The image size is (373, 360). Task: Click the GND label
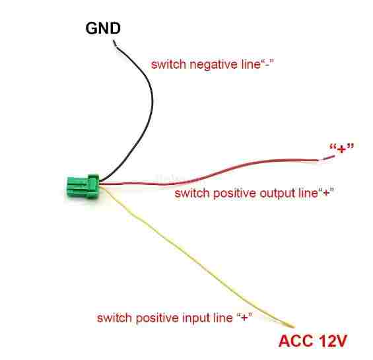pyautogui.click(x=103, y=28)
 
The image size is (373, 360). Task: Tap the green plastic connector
pyautogui.click(x=83, y=187)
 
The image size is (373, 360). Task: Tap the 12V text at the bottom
pyautogui.click(x=333, y=342)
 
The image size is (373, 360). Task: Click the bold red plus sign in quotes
pyautogui.click(x=341, y=149)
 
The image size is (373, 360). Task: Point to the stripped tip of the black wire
pyautogui.click(x=114, y=43)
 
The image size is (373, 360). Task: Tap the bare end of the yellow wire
pyautogui.click(x=290, y=326)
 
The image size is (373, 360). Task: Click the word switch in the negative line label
pyautogui.click(x=168, y=65)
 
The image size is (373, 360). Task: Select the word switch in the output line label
pyautogui.click(x=191, y=193)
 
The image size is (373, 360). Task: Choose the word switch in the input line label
pyautogui.click(x=114, y=318)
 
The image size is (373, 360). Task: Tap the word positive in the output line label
pyautogui.click(x=234, y=193)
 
